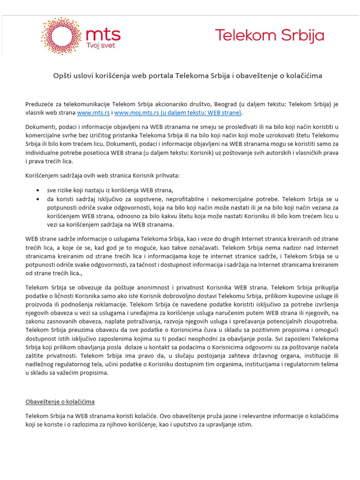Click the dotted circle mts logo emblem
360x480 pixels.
click(61, 36)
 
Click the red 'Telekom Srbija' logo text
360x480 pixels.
click(269, 36)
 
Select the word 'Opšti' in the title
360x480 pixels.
click(62, 75)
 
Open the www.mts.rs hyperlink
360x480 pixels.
click(93, 112)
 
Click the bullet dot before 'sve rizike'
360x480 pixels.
click(37, 190)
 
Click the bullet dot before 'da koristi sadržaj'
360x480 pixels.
click(37, 199)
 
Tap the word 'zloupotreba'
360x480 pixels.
click(318, 321)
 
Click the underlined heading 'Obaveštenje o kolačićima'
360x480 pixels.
click(60, 402)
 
